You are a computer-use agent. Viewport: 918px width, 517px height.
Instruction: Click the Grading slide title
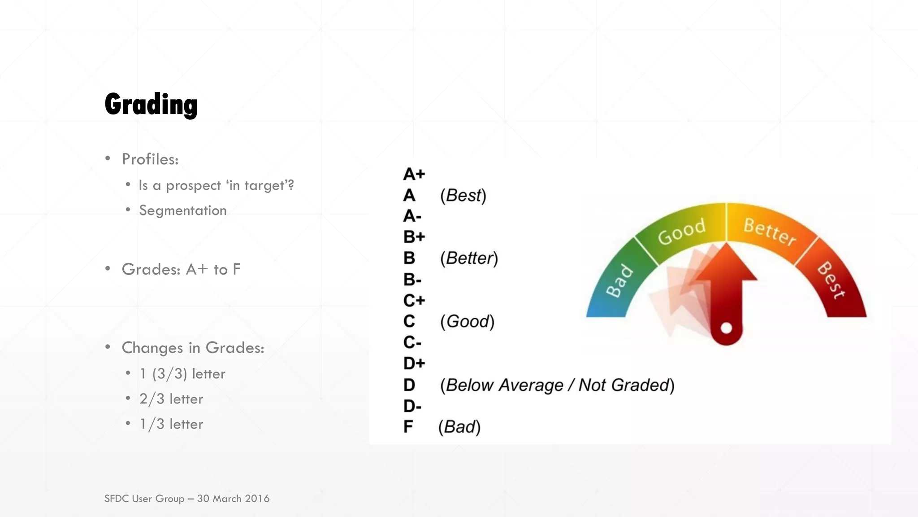pyautogui.click(x=151, y=105)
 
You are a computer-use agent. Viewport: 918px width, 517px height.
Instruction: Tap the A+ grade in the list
pyautogui.click(x=414, y=174)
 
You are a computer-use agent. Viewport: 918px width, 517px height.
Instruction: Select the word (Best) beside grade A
pyautogui.click(x=463, y=196)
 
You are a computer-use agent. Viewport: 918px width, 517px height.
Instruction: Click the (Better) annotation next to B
pyautogui.click(x=469, y=258)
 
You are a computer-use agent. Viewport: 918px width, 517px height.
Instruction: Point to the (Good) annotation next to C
pyautogui.click(x=467, y=322)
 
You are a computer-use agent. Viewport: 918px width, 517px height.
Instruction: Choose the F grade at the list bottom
pyautogui.click(x=408, y=427)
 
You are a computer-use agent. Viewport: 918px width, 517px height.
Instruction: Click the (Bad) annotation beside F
pyautogui.click(x=459, y=427)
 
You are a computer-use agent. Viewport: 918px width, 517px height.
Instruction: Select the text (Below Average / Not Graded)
pyautogui.click(x=557, y=385)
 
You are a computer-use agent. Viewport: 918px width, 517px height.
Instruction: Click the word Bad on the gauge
pyautogui.click(x=620, y=281)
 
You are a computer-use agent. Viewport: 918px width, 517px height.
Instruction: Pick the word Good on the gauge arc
pyautogui.click(x=682, y=232)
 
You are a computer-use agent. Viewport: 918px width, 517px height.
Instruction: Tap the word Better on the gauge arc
pyautogui.click(x=769, y=232)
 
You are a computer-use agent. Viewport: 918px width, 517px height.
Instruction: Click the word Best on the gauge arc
pyautogui.click(x=831, y=280)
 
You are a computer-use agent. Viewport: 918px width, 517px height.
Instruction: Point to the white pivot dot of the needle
pyautogui.click(x=726, y=328)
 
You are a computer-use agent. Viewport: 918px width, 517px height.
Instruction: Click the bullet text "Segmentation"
pyautogui.click(x=183, y=210)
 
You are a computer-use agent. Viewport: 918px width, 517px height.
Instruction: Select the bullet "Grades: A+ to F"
pyautogui.click(x=181, y=269)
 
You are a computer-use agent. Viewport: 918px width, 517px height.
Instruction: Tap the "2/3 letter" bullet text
pyautogui.click(x=171, y=399)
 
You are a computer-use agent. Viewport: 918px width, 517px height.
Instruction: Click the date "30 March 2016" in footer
pyautogui.click(x=233, y=499)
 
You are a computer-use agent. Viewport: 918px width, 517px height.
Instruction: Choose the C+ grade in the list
pyautogui.click(x=414, y=300)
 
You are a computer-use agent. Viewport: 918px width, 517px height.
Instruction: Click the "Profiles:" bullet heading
pyautogui.click(x=150, y=159)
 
